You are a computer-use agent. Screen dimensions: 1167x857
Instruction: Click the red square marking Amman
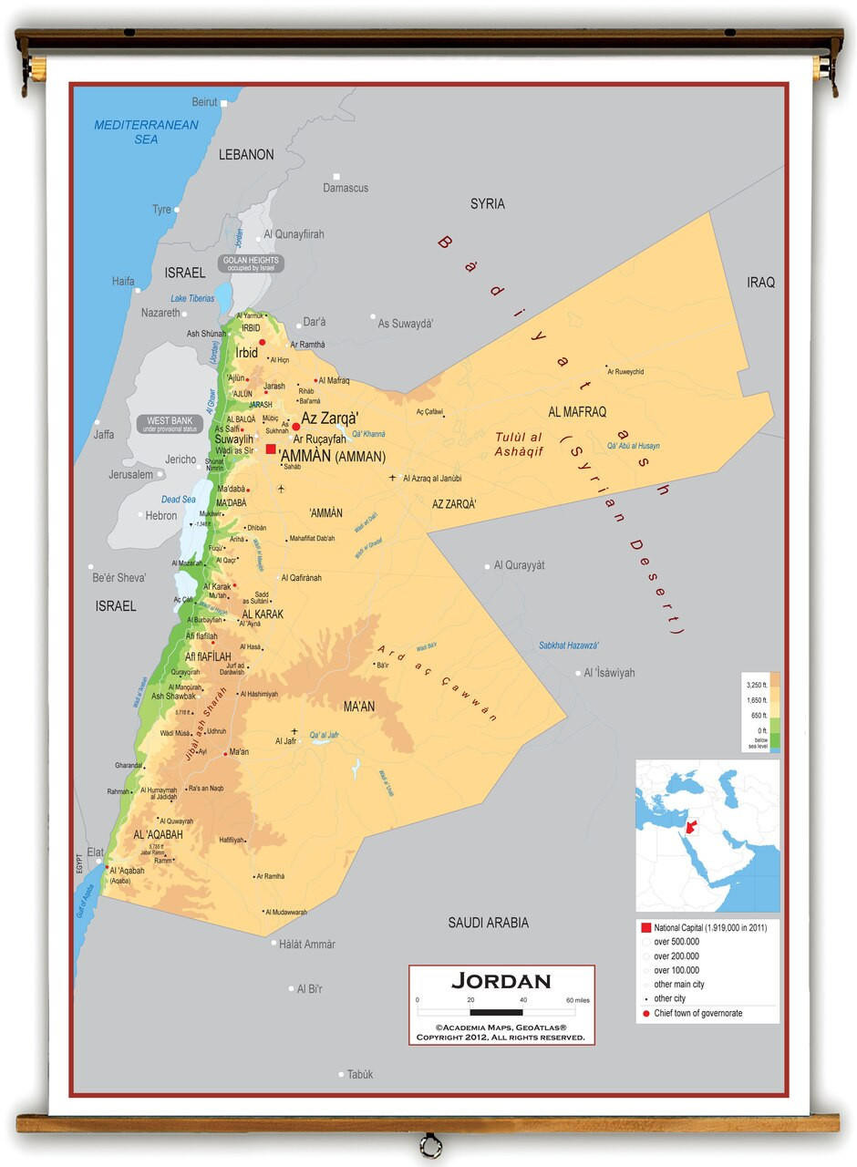tap(271, 449)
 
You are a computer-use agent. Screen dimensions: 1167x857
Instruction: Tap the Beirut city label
tap(204, 102)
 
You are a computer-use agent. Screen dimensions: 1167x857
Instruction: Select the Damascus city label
tap(346, 188)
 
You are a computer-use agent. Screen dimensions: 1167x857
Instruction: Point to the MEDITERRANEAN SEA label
tap(146, 132)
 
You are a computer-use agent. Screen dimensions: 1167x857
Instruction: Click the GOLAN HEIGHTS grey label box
tap(253, 263)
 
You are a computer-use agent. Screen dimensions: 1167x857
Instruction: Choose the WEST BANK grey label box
tap(170, 424)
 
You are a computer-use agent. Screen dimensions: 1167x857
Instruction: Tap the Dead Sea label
tap(178, 500)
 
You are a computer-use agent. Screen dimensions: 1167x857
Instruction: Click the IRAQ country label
tap(760, 283)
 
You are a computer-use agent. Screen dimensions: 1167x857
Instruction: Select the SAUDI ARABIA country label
tap(488, 923)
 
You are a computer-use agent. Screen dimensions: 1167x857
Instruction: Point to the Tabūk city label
tap(360, 1074)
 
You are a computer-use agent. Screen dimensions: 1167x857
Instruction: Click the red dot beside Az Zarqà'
tap(295, 426)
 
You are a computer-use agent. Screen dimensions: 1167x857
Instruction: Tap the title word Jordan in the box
tap(501, 982)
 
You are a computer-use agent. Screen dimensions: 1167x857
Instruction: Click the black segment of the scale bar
tap(496, 1012)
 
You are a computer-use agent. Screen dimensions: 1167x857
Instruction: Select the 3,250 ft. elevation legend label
tap(756, 684)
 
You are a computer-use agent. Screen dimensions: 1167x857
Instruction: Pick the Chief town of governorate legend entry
tap(697, 1013)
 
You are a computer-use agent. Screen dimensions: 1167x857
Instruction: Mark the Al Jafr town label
tap(285, 741)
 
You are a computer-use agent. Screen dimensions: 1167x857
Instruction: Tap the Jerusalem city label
tap(130, 474)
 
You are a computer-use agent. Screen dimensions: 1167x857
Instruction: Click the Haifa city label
tap(123, 282)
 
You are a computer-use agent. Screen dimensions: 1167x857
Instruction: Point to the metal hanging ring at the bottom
tap(430, 1144)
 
